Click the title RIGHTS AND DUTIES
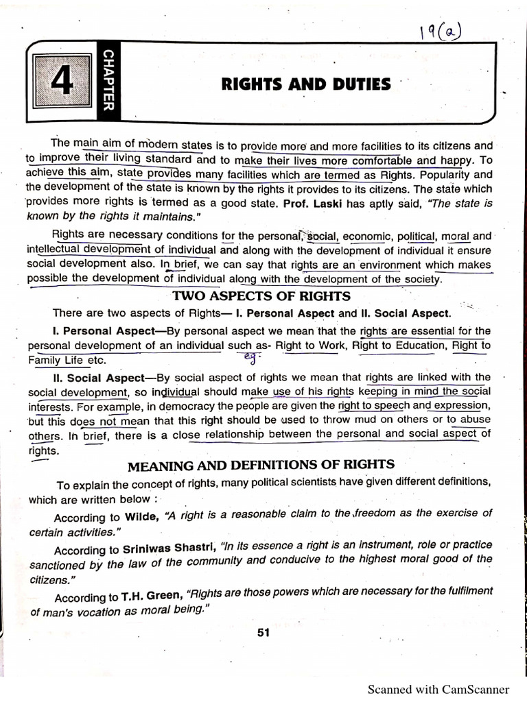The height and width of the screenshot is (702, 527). [x=305, y=84]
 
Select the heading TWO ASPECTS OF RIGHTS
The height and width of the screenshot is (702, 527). [x=261, y=296]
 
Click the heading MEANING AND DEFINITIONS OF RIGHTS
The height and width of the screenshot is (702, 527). [x=261, y=465]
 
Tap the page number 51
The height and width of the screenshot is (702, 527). [x=263, y=633]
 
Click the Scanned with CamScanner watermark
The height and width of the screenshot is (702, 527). [x=438, y=689]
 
